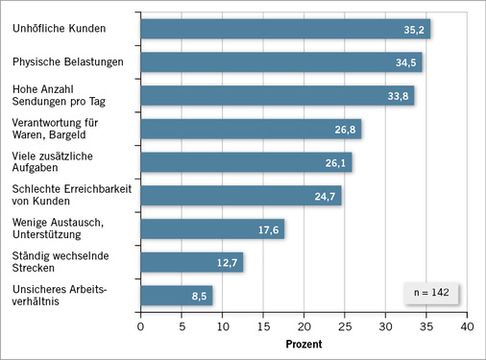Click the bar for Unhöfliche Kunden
click(285, 29)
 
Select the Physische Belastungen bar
click(281, 62)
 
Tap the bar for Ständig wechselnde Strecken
click(192, 262)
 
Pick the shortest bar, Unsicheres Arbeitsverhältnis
click(177, 296)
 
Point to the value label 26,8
click(347, 130)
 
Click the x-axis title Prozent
click(304, 345)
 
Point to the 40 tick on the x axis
click(467, 326)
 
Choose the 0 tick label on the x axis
click(141, 326)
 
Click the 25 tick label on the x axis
click(345, 326)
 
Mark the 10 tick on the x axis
click(223, 326)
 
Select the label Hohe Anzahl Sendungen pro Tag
click(52, 95)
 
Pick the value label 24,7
click(327, 197)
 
